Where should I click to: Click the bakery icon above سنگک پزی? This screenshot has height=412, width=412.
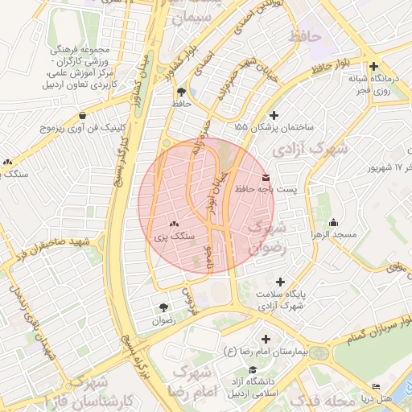point(174,225)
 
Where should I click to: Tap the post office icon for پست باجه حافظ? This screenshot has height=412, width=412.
point(266,177)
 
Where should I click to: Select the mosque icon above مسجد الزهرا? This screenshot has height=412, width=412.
point(334,223)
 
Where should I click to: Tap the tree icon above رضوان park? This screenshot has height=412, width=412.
point(164,307)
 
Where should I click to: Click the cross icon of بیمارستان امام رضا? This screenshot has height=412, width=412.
point(265,340)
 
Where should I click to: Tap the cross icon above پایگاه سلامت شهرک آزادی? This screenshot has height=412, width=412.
point(280,282)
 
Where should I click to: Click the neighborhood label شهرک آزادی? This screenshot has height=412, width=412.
point(310,149)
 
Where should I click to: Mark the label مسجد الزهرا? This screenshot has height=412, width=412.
point(333,234)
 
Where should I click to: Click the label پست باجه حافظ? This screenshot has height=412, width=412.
point(266,189)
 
